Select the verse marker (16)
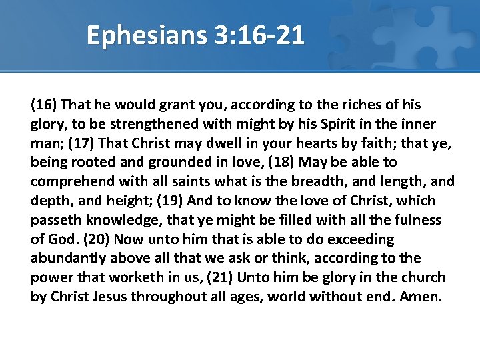click(x=44, y=105)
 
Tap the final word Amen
click(x=421, y=297)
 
